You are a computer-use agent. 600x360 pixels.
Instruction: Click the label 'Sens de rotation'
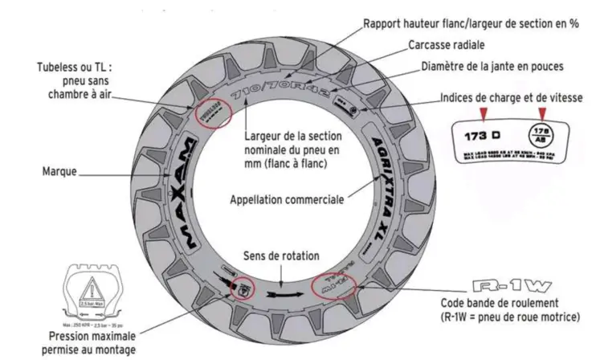(281, 256)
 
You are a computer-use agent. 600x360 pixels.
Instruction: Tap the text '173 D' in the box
(483, 135)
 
